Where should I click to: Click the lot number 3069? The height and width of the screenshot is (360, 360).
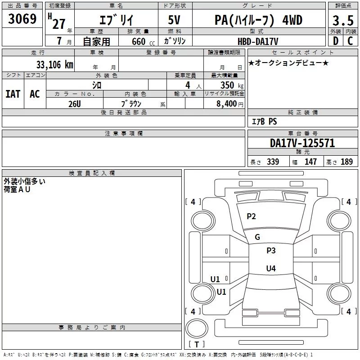point(22,19)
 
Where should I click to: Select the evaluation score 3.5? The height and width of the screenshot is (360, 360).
point(343,20)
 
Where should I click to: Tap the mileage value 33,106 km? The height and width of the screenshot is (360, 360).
point(54,65)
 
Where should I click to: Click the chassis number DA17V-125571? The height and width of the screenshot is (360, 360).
point(302,143)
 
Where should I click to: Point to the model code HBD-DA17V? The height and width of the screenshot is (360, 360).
point(258,41)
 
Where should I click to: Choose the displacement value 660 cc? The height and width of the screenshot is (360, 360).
point(143,42)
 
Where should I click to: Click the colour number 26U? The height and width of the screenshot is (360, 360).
point(75,104)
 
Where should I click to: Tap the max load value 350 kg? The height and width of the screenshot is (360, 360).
point(232,85)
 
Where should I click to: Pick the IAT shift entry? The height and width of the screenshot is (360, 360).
point(13,94)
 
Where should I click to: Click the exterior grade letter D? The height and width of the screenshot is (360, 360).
point(336,41)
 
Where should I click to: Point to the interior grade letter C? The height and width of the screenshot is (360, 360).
point(350,41)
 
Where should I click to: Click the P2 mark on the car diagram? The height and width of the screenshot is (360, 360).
point(251,216)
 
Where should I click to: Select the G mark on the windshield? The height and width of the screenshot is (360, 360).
point(257,237)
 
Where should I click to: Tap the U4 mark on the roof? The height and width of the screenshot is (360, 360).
point(271,268)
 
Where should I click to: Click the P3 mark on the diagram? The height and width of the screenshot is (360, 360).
point(271,251)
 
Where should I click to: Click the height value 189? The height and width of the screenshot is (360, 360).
point(346,162)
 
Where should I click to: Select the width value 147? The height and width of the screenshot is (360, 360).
point(310,162)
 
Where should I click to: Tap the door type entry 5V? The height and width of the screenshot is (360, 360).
point(174,20)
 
